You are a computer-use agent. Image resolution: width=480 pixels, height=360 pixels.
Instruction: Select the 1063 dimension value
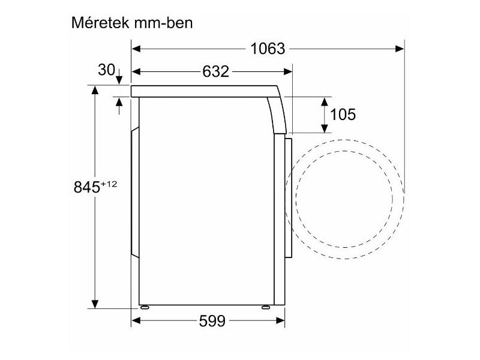tap(268, 49)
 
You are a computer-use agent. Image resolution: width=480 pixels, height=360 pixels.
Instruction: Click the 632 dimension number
tap(215, 71)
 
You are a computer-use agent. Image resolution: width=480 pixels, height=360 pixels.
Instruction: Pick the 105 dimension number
tap(343, 114)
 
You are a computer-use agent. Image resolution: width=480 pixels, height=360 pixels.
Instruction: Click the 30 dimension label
tap(106, 70)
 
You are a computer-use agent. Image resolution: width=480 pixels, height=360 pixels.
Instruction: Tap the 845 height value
tap(86, 188)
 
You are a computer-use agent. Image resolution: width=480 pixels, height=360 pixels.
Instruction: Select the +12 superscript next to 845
tap(107, 184)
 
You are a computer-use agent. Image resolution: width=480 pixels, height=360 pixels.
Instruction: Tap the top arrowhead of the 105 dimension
tap(325, 101)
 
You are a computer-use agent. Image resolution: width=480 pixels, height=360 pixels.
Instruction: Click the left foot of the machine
tap(145, 307)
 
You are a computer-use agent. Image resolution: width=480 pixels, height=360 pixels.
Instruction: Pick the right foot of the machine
tap(265, 307)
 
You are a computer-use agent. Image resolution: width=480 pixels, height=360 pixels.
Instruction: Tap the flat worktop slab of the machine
tap(204, 91)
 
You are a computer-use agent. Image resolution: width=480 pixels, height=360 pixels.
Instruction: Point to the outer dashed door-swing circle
tap(401, 198)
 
